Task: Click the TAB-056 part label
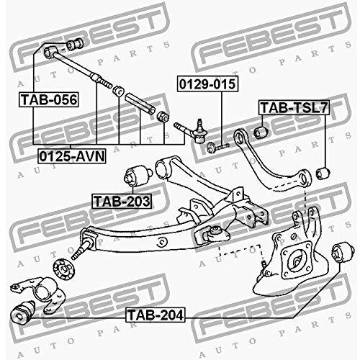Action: coord(49,99)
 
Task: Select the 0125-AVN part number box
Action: coord(72,156)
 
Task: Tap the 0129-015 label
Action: coord(207,84)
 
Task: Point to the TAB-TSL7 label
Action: coord(294,107)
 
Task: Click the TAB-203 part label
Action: coord(122,201)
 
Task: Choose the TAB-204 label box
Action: coord(156,315)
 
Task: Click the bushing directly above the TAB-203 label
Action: coord(138,176)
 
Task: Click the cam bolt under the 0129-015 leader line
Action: coord(218,147)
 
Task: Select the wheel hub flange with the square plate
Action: coord(297,261)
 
